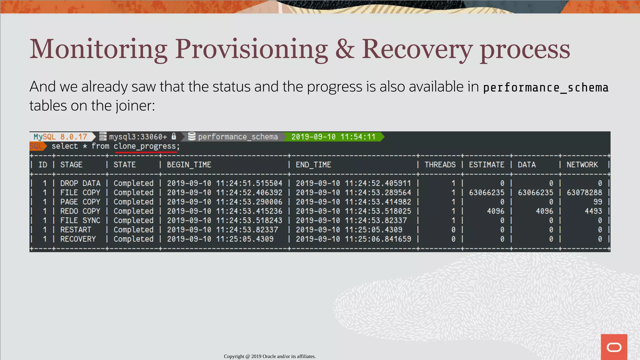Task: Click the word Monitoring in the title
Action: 98,49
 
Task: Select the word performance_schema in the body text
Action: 546,87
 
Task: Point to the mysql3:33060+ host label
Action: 138,137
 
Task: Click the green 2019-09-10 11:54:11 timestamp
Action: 333,137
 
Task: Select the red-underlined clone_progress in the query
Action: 145,146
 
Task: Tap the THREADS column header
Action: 440,165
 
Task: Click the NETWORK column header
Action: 582,165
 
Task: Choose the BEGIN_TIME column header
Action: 189,165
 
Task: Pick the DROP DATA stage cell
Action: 80,183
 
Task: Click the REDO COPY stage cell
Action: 80,211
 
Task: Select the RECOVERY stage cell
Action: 78,239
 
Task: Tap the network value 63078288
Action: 584,192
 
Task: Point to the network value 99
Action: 597,202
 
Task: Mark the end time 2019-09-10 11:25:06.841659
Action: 353,239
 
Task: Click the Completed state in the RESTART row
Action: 133,230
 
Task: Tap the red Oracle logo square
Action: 614,347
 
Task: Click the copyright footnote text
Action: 270,356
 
